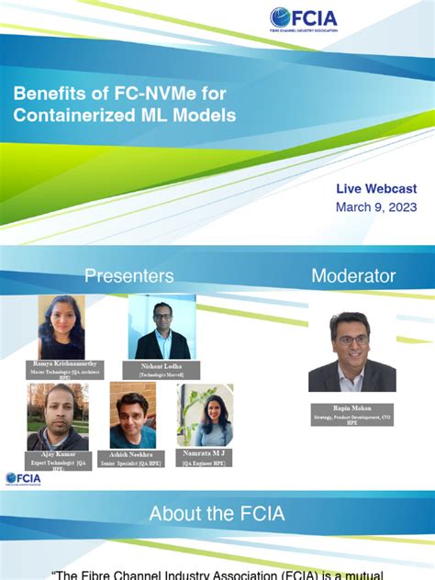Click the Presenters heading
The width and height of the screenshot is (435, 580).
[x=128, y=275]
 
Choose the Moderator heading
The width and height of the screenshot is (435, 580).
[x=353, y=275]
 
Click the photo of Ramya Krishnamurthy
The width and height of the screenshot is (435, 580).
[x=61, y=327]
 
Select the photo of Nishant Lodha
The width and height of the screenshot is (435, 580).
[x=162, y=327]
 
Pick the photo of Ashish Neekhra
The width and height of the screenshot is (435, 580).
[x=133, y=416]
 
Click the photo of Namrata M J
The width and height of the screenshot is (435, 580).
[x=205, y=416]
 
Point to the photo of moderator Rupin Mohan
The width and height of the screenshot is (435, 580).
[x=351, y=351]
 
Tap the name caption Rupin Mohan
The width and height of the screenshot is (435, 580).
[x=351, y=408]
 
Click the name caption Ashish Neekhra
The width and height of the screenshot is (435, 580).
[x=131, y=453]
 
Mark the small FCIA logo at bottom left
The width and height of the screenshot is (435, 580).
[x=23, y=478]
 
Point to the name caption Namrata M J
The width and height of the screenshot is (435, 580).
[x=204, y=453]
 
